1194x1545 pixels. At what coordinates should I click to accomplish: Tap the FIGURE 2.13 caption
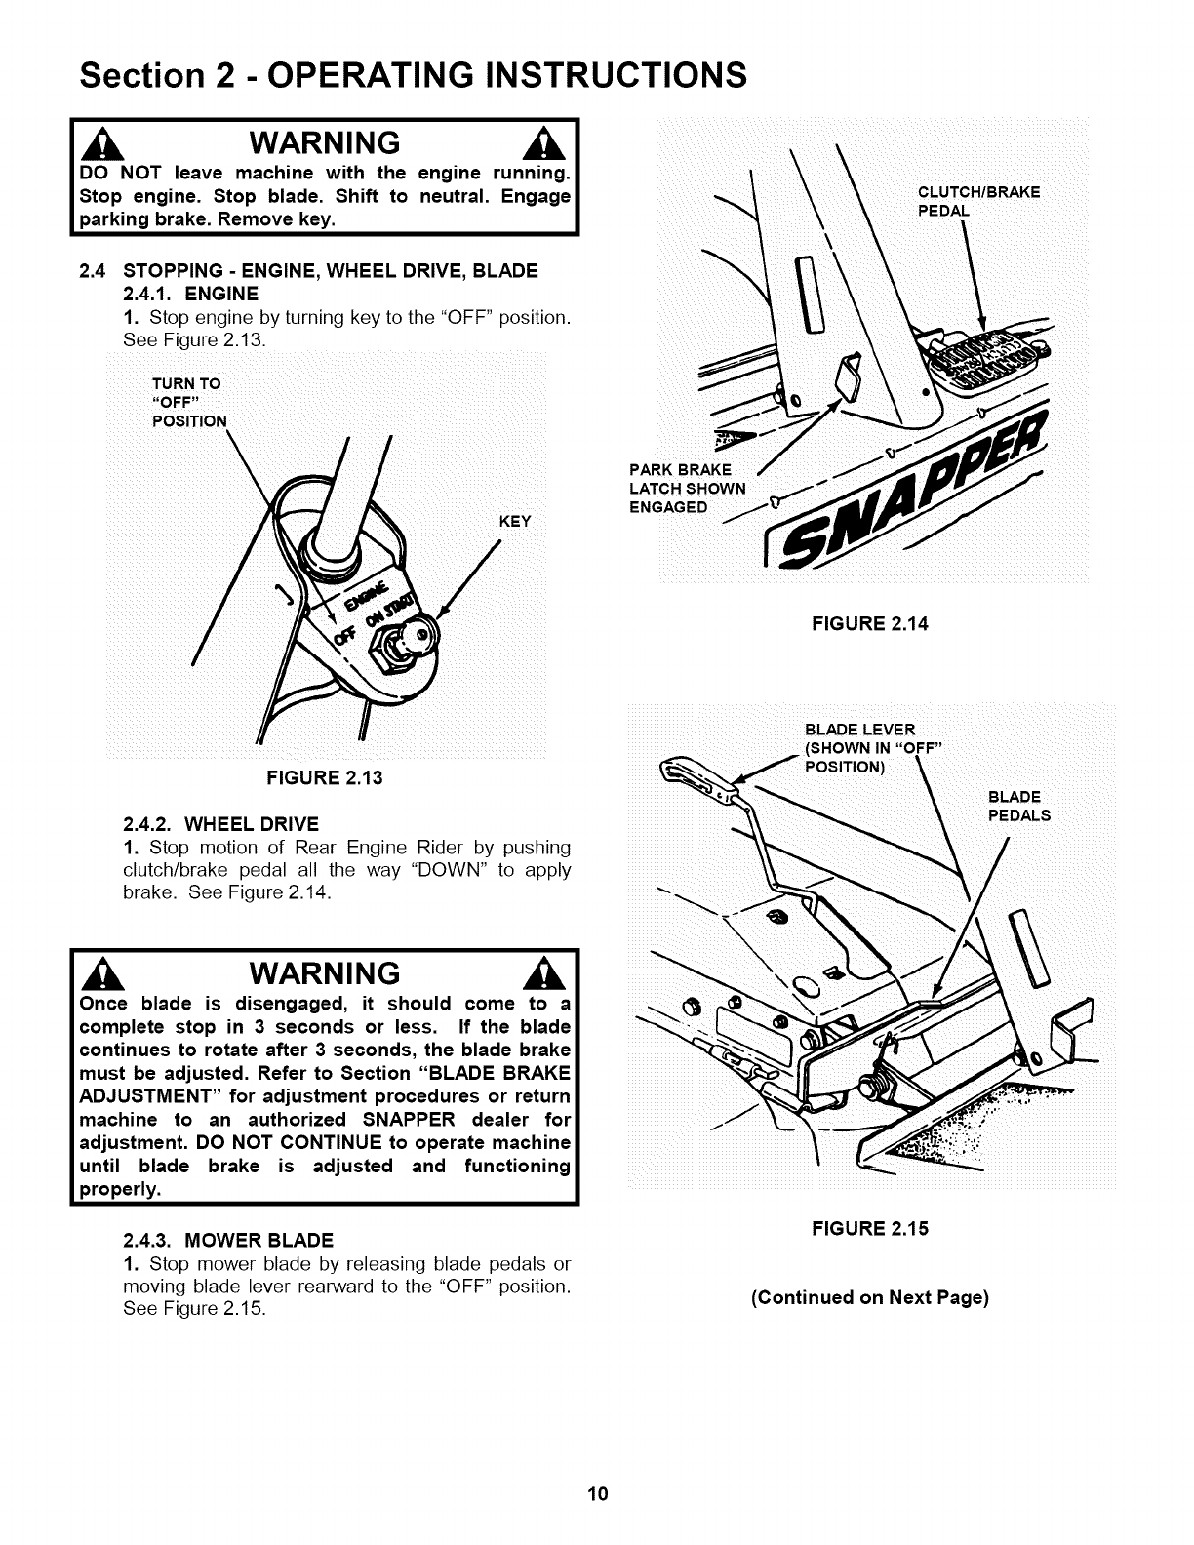click(x=325, y=777)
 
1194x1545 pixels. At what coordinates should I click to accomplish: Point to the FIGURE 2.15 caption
click(x=870, y=1228)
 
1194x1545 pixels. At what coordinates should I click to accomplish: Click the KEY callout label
click(x=514, y=521)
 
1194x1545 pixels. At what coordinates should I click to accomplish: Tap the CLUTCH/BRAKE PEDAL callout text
click(x=978, y=201)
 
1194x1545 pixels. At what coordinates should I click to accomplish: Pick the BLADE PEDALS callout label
click(x=1019, y=806)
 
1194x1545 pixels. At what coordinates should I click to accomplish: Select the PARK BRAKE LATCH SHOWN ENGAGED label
click(x=687, y=489)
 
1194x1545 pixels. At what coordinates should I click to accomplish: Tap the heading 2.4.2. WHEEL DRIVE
click(x=220, y=823)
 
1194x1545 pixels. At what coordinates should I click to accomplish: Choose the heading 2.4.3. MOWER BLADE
click(x=228, y=1241)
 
